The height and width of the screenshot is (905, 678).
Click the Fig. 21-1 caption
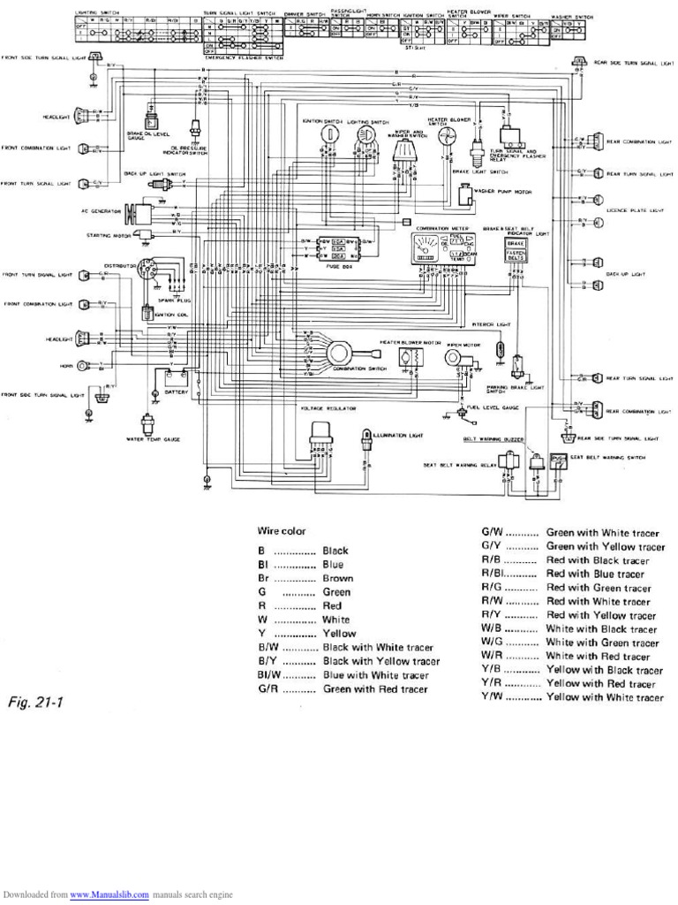click(x=36, y=703)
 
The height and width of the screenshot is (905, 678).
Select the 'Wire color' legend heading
click(x=282, y=531)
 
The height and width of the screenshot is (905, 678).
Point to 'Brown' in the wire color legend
click(x=337, y=578)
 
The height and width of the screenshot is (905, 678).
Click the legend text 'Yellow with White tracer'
click(x=604, y=697)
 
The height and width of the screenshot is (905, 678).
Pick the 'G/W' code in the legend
click(x=492, y=533)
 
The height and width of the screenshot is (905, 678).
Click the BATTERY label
click(x=177, y=391)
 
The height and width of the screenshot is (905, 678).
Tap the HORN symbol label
click(x=64, y=364)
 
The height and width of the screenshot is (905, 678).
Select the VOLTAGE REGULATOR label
click(x=326, y=409)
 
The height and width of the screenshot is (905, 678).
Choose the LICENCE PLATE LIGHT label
click(x=634, y=211)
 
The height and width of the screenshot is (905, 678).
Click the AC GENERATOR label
click(x=99, y=212)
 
